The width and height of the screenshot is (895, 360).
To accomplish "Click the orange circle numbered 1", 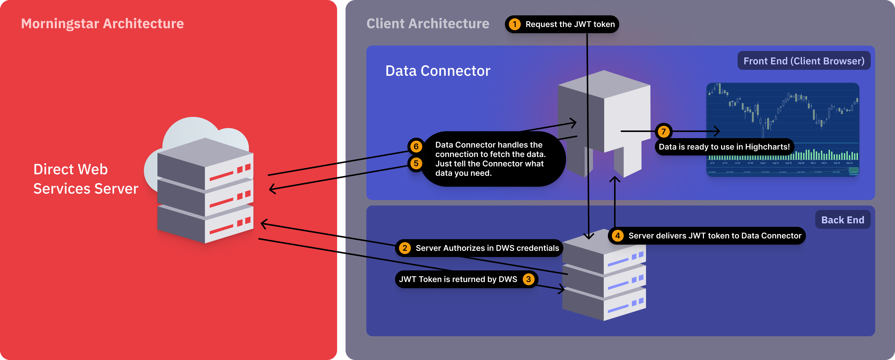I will coord(515,24).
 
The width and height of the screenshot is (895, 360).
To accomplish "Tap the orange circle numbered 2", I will coord(405,248).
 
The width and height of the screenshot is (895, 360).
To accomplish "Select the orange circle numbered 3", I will coord(528,279).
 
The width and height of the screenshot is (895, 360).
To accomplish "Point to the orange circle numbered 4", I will coord(617,236).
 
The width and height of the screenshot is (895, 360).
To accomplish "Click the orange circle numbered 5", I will coord(416,163).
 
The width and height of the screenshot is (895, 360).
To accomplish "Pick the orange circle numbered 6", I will coord(416,147).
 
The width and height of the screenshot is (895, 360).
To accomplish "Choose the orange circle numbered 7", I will coord(664,132).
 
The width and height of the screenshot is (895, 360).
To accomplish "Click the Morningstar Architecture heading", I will coord(102,24).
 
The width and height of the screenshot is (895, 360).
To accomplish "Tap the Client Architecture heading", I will coord(428,24).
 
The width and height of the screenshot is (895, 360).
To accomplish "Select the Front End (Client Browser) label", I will coord(804,61).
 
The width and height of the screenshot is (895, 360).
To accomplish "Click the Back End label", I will coord(843,220).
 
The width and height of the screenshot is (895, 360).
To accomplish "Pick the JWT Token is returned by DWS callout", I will coord(458,279).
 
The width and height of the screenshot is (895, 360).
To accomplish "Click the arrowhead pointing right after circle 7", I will coord(717,131).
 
